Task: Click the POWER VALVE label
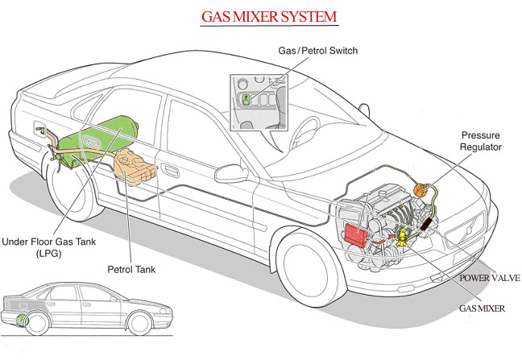(x=489, y=278)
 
